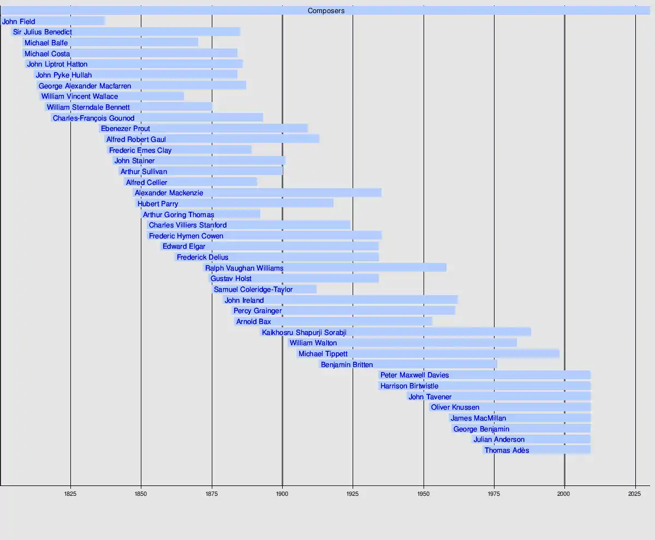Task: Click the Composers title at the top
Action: [326, 11]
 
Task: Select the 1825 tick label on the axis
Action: [70, 494]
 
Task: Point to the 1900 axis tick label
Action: [282, 494]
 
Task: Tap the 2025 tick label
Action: [635, 494]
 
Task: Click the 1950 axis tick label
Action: [423, 494]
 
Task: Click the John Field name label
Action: [19, 22]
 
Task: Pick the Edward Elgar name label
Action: [184, 247]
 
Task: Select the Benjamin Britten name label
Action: [347, 364]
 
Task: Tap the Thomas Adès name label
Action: [507, 451]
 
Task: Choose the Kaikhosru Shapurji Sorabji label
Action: [304, 332]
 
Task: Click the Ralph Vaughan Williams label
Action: [244, 268]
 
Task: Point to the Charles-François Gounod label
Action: [93, 118]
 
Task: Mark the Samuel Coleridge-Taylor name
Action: [253, 290]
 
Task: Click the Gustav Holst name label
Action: [231, 279]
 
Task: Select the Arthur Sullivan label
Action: [144, 172]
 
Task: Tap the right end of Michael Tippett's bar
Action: [559, 353]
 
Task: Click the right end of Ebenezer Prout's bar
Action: [307, 129]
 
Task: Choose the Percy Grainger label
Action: [257, 311]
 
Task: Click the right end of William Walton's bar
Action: [516, 343]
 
